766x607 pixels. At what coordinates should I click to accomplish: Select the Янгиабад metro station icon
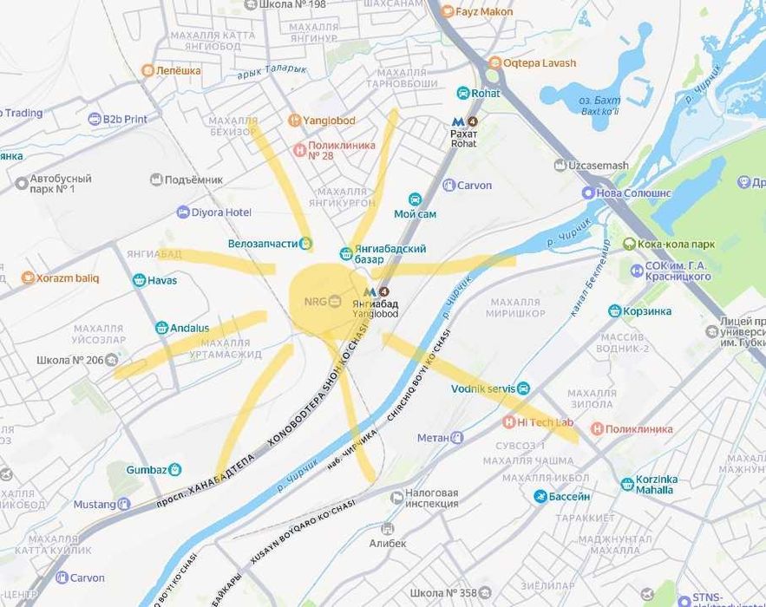(x=370, y=293)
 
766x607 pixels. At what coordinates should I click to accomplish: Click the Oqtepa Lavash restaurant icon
(x=494, y=62)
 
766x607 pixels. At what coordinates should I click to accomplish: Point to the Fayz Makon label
(x=484, y=12)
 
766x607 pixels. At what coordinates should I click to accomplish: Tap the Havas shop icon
(x=139, y=280)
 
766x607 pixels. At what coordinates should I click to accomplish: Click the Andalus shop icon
(x=161, y=328)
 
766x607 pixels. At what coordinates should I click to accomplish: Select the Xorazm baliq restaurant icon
(x=28, y=278)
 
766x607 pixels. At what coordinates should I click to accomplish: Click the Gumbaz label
(x=146, y=469)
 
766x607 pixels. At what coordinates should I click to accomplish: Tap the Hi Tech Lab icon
(x=509, y=422)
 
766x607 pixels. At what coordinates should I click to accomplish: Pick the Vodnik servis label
(x=483, y=388)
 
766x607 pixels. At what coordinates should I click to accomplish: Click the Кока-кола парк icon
(x=629, y=245)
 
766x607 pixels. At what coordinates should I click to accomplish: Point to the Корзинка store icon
(x=615, y=310)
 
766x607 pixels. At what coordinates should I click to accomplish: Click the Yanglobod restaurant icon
(x=295, y=121)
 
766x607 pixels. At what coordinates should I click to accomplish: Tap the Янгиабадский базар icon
(x=346, y=254)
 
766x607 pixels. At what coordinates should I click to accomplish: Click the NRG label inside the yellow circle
(x=313, y=301)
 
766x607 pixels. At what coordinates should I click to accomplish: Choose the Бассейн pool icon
(x=540, y=496)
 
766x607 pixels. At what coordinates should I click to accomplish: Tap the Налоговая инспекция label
(x=431, y=498)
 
